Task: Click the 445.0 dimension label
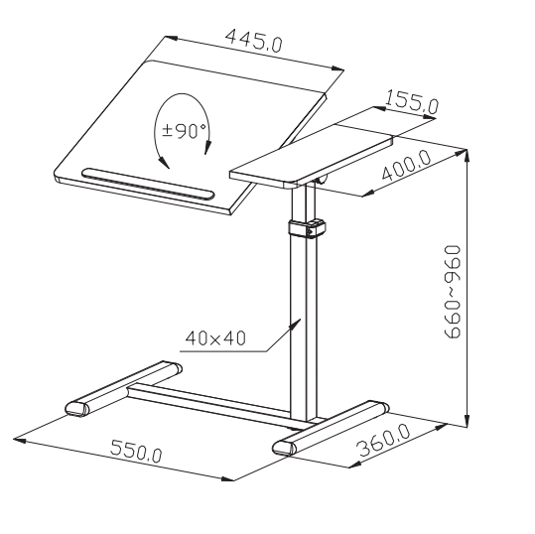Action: tap(254, 41)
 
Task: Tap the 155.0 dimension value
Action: tap(412, 101)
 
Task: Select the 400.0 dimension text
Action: tap(406, 165)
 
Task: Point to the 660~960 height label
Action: tap(453, 292)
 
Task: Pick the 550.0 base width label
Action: tap(136, 452)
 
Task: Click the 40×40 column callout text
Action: tap(215, 338)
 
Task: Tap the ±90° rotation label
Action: tap(185, 131)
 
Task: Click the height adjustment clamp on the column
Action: tap(307, 228)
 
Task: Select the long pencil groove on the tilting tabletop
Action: tap(149, 183)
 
